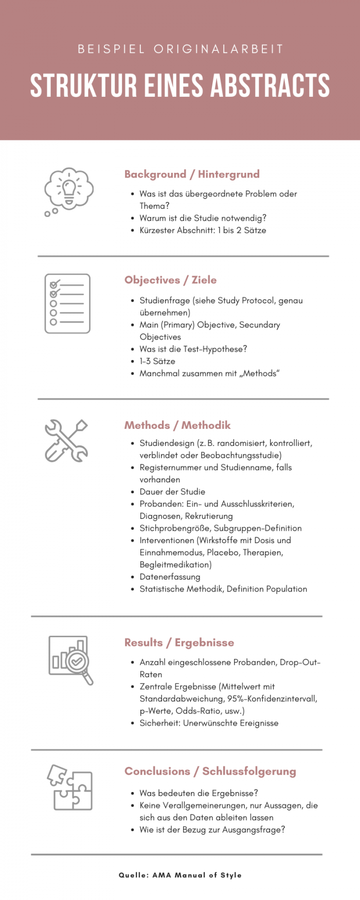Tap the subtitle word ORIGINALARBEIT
[x=219, y=49]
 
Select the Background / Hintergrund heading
[x=192, y=174]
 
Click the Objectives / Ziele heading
[x=170, y=280]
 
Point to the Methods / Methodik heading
[x=177, y=425]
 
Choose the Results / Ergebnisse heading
[x=179, y=643]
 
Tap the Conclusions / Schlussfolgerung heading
[x=210, y=771]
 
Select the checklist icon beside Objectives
[x=67, y=303]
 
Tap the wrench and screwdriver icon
[x=66, y=441]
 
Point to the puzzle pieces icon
[x=70, y=787]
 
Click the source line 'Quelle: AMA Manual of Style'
[x=180, y=875]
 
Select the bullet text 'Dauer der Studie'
[x=172, y=492]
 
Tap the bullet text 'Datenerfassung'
[x=170, y=577]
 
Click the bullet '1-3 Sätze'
[x=157, y=362]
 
